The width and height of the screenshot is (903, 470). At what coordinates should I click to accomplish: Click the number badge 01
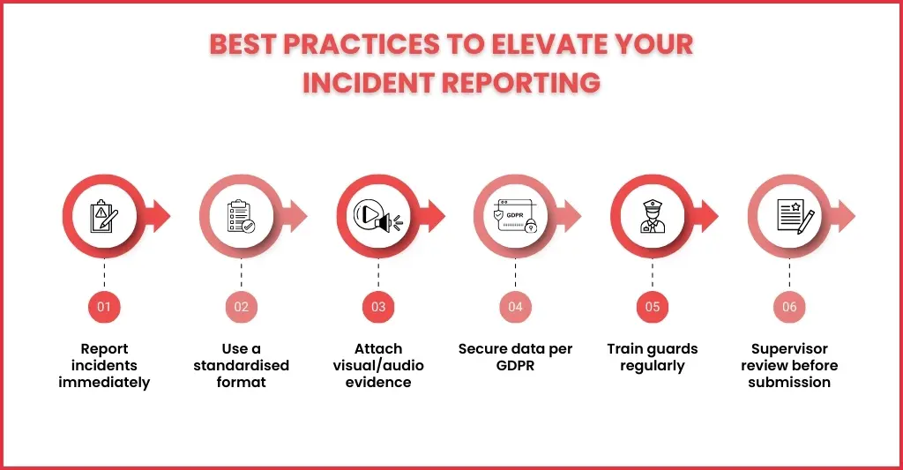point(104,307)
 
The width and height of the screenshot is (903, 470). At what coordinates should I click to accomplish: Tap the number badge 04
point(515,307)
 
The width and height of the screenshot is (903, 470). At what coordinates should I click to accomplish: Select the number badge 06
point(789,307)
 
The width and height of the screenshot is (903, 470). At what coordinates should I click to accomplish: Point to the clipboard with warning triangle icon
point(104,217)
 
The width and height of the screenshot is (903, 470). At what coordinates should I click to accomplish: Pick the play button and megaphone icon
point(378,217)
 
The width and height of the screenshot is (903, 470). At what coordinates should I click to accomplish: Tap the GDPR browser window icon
point(515,217)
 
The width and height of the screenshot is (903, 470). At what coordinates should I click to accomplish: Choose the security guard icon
point(653,217)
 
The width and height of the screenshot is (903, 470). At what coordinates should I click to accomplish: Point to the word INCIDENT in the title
point(369,83)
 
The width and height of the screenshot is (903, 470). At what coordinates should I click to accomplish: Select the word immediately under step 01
point(104,383)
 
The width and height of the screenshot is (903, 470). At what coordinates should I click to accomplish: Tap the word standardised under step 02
point(242,365)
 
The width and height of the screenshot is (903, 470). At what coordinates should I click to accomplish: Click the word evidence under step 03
point(378,383)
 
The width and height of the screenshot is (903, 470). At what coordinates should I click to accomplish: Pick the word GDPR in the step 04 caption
point(515,366)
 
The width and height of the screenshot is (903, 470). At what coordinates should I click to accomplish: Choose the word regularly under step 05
point(653,366)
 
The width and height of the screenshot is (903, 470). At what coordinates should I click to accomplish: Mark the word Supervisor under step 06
point(789,349)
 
